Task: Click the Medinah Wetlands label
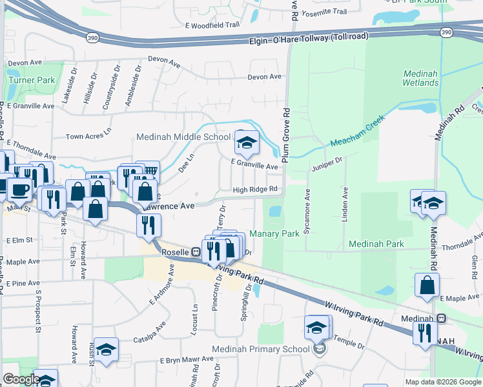(420, 78)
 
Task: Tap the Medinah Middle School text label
(183, 137)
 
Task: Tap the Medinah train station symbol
(442, 319)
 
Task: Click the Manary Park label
(274, 233)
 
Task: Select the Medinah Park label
(376, 244)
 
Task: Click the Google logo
(21, 379)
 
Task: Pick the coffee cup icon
(19, 189)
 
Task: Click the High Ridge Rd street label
(256, 189)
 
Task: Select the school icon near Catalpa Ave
(106, 349)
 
